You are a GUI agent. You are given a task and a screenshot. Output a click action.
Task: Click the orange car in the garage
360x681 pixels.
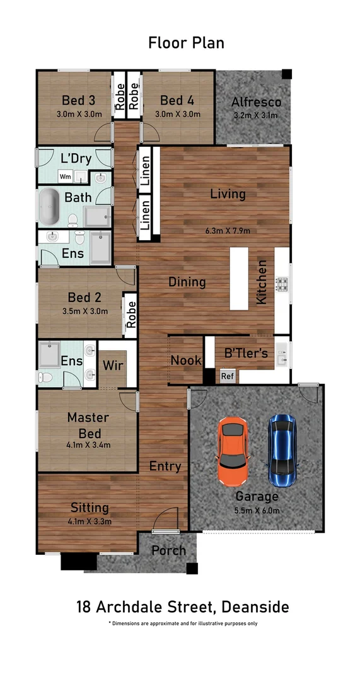point(233,451)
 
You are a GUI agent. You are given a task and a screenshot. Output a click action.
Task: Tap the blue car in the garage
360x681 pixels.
point(282,451)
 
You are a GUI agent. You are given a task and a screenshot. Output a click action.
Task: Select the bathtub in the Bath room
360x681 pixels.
point(49,207)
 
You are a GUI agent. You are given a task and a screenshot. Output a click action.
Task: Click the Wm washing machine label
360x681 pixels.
point(66,177)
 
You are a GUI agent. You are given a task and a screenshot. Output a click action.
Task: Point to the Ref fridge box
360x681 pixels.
point(227,376)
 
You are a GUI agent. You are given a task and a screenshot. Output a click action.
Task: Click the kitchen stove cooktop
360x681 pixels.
point(282,285)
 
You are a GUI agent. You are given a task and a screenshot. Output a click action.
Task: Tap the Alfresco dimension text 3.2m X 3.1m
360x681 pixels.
point(255,115)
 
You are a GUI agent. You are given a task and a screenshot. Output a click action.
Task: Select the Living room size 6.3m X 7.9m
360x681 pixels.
point(228,231)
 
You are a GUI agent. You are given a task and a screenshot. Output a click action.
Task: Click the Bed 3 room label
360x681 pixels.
point(78,101)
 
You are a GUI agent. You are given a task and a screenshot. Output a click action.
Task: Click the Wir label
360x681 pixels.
point(112,365)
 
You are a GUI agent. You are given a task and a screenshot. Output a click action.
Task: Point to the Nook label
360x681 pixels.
point(186,360)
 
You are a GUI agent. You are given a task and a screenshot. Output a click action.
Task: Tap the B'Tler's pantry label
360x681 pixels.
point(245,353)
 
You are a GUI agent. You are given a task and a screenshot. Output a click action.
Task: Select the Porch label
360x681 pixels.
point(168,550)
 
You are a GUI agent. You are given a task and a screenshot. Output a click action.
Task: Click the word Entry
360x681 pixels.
point(165,467)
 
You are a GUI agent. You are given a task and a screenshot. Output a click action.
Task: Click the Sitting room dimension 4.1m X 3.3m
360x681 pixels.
point(90,521)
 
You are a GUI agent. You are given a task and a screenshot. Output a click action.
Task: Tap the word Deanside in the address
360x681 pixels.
point(255,607)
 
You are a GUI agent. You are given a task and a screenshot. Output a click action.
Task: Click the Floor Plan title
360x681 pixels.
point(186,43)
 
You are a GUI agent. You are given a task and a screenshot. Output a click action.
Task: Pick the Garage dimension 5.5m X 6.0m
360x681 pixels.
point(258,510)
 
